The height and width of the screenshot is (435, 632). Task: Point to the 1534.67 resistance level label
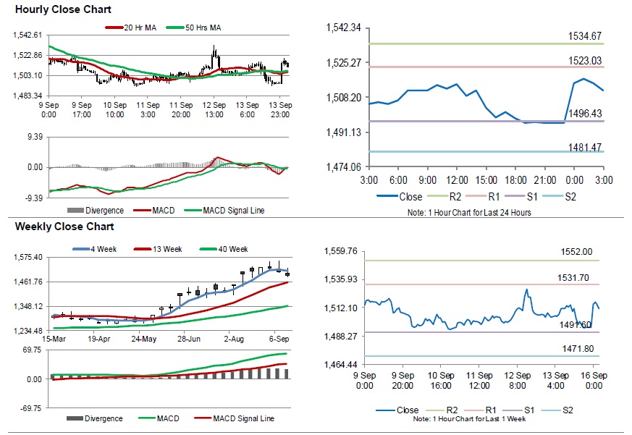coord(585,36)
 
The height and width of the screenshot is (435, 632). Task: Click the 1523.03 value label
coord(585,60)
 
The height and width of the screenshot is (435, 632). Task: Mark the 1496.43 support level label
coord(585,114)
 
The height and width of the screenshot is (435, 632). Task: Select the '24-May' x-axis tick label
coord(144,339)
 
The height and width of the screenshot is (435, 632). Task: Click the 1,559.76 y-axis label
coord(342,252)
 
